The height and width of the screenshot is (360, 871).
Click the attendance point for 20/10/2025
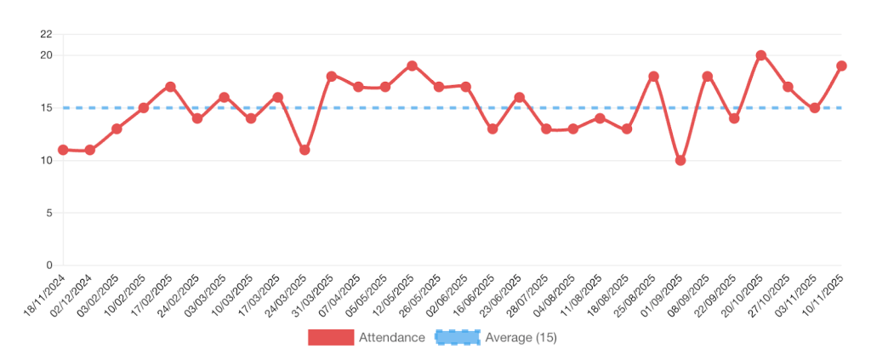[x=760, y=55]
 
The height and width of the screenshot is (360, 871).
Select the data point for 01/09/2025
[x=680, y=160]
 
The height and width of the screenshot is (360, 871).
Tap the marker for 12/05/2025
[x=412, y=66]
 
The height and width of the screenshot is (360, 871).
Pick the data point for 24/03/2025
[x=305, y=150]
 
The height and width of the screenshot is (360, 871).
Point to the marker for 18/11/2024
[x=63, y=150]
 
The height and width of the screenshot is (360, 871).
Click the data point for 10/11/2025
[x=841, y=66]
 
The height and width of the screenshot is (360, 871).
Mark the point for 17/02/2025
[x=170, y=87]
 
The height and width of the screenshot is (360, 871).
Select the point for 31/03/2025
[x=332, y=76]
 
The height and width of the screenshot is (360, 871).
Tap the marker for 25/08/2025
[x=653, y=76]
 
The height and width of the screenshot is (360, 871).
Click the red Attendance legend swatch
[x=331, y=338]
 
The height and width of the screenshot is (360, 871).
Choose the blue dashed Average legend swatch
[x=458, y=338]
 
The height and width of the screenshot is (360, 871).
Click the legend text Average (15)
[x=521, y=338]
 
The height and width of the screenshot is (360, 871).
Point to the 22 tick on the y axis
[x=46, y=34]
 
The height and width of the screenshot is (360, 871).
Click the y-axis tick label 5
[x=49, y=213]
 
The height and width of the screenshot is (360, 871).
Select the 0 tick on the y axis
[x=49, y=265]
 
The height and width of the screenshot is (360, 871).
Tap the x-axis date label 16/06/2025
[x=475, y=294]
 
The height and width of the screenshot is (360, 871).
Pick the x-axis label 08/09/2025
[x=690, y=294]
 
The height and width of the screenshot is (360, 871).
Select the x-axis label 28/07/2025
[x=529, y=294]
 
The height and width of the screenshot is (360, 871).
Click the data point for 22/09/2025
[x=734, y=118]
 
